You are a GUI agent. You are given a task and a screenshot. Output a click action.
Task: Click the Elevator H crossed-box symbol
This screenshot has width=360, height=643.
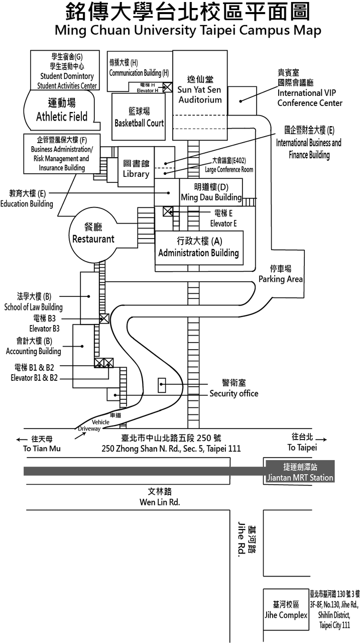point(168,87)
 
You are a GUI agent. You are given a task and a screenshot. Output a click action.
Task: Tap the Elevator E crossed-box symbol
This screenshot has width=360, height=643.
point(168,211)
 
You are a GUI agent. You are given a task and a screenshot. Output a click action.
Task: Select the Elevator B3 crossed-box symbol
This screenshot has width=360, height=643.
point(104,318)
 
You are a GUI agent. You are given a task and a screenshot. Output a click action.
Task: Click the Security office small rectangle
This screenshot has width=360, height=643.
point(162,385)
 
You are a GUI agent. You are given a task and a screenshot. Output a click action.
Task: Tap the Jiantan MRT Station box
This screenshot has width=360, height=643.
point(300,471)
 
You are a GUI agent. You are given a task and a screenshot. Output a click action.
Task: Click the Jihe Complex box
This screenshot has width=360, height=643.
point(286,609)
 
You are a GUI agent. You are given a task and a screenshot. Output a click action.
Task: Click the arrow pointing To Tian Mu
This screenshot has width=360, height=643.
point(22,440)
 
